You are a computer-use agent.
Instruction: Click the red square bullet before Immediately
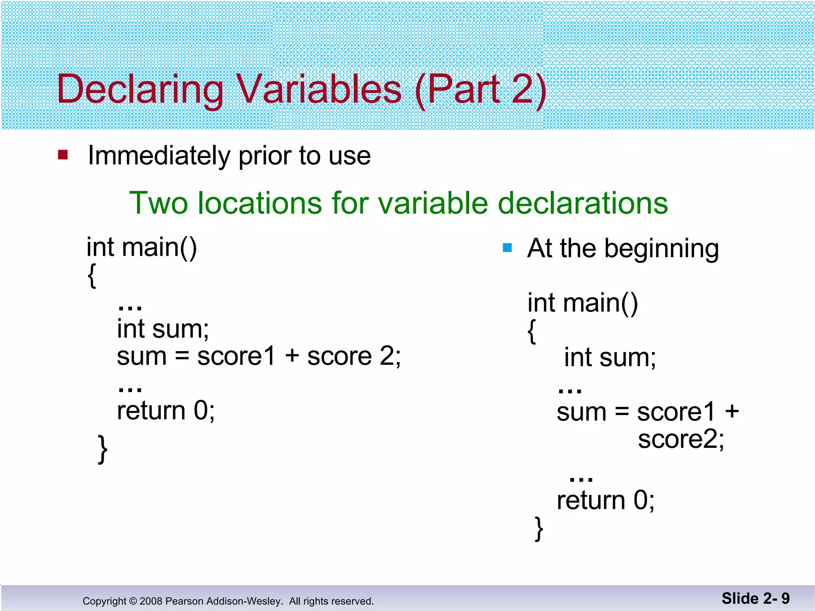coord(63,154)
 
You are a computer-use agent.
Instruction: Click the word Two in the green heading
coord(158,203)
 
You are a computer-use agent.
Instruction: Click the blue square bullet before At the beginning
coord(507,248)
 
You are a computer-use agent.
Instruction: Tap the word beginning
coord(661,249)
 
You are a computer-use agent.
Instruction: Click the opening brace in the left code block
coord(92,275)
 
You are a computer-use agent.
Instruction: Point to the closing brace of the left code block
coord(103,449)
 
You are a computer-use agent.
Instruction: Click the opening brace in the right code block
coord(532,331)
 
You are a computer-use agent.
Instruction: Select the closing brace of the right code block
coord(539,528)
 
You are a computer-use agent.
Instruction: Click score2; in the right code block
coord(681,439)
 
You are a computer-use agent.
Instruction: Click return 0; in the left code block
coord(166,411)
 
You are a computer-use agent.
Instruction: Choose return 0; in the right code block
coord(605,500)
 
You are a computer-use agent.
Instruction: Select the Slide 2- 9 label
coord(755,598)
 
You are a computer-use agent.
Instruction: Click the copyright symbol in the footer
coord(133,601)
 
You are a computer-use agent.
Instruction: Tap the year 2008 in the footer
coord(151,601)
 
